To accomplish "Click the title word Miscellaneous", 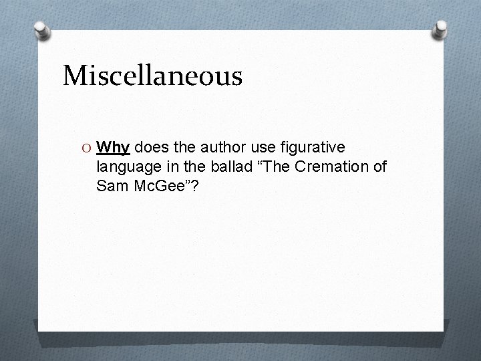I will click(152, 76).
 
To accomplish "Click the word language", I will click(127, 166).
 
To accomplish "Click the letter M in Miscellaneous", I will click(75, 76).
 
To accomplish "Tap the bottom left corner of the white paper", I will click(39, 331).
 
